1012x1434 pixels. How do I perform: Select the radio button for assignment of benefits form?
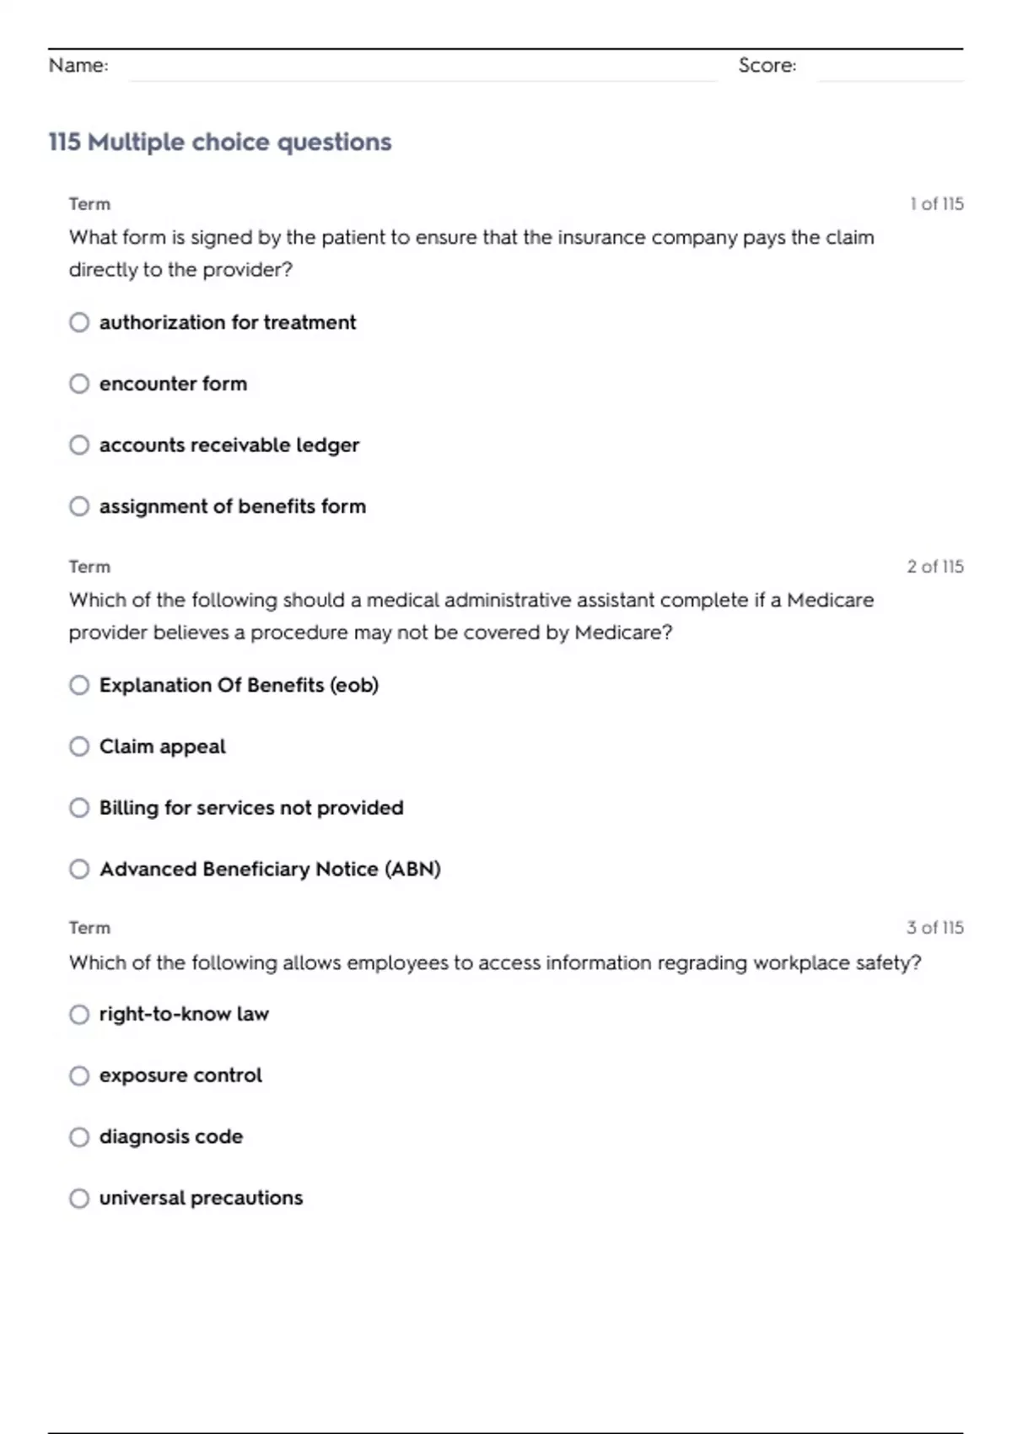79,506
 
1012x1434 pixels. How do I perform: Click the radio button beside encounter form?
79,384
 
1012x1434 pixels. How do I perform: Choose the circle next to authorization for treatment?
79,322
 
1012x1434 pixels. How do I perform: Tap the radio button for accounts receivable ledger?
79,445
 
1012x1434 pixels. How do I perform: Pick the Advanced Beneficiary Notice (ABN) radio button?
79,869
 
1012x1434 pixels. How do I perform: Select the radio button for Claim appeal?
79,747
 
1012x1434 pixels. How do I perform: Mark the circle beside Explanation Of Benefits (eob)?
79,685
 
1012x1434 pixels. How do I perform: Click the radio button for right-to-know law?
79,1014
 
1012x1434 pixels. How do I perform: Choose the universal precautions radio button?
79,1198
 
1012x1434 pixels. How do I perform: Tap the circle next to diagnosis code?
79,1137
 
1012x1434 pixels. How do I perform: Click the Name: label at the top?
78,65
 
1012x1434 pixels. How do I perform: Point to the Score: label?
767,65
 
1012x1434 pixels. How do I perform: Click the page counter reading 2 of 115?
934,567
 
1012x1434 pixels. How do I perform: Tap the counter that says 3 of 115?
934,928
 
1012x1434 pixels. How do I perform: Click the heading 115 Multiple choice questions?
220,142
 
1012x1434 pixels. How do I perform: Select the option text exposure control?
180,1075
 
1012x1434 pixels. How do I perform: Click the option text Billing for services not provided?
251,807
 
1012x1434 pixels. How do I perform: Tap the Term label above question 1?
89,204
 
